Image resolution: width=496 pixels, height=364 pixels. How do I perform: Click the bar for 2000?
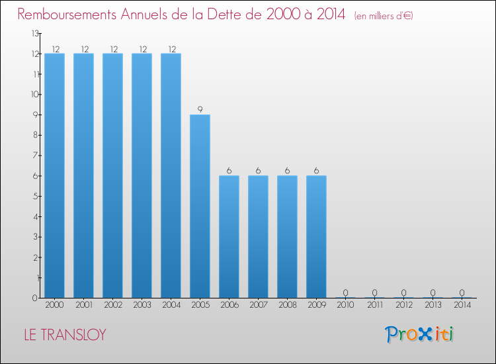[54, 175]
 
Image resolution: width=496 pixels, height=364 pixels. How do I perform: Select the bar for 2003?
[142, 175]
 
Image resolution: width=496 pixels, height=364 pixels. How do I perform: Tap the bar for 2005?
[200, 206]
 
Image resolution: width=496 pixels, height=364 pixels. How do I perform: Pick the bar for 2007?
[258, 236]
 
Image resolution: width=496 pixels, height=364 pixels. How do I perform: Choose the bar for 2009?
[316, 236]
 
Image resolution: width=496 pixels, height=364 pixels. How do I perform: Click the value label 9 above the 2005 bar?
[200, 109]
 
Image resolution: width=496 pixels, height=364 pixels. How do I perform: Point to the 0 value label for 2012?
[403, 293]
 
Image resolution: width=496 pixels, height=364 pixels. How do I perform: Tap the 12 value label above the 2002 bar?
[112, 48]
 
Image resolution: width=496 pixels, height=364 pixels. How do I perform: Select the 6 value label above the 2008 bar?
[287, 171]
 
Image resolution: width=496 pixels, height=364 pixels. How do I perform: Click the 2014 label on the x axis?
[462, 305]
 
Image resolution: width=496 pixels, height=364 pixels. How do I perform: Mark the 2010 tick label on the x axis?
[345, 305]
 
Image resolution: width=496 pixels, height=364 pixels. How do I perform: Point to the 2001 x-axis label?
[83, 305]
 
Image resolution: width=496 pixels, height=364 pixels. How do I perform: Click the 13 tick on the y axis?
[35, 33]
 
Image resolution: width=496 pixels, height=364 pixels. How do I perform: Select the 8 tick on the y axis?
[36, 135]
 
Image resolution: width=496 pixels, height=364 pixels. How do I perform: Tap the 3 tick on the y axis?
[36, 237]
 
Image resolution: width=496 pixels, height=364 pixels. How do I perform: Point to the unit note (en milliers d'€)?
[384, 15]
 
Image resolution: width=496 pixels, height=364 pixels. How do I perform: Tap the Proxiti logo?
[419, 334]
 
